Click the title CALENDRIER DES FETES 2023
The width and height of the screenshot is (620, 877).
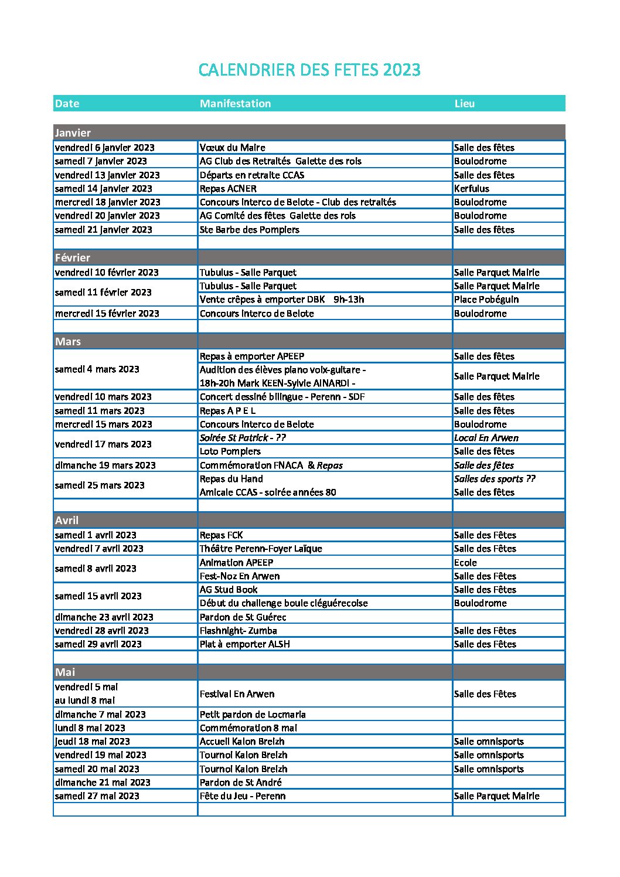[x=309, y=70]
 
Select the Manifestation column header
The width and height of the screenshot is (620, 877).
[x=235, y=104]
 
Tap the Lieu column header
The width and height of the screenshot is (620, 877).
[x=464, y=104]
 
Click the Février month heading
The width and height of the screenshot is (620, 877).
[x=73, y=258]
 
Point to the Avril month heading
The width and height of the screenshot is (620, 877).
[x=67, y=521]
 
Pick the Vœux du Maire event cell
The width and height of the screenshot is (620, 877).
[x=232, y=148]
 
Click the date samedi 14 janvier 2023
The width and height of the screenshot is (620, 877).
[x=103, y=189]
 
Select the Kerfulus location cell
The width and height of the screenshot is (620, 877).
[x=471, y=189]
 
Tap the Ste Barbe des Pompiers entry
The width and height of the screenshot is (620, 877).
[x=249, y=230]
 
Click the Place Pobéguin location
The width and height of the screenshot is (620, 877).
[x=486, y=300]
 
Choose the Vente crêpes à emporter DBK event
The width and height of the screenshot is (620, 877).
[x=281, y=300]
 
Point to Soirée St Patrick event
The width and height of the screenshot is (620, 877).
[x=243, y=438]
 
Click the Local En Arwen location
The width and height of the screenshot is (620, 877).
[x=486, y=438]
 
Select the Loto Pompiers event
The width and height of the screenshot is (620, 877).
[x=230, y=451]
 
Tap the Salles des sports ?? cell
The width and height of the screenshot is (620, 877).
[x=494, y=479]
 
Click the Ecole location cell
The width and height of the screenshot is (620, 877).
[x=465, y=563]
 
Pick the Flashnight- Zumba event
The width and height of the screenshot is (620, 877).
[x=238, y=631]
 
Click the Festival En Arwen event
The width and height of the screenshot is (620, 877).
[x=237, y=694]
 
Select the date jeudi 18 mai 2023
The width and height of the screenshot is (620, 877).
[x=92, y=742]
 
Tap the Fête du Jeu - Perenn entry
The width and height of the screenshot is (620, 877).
[x=242, y=796]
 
